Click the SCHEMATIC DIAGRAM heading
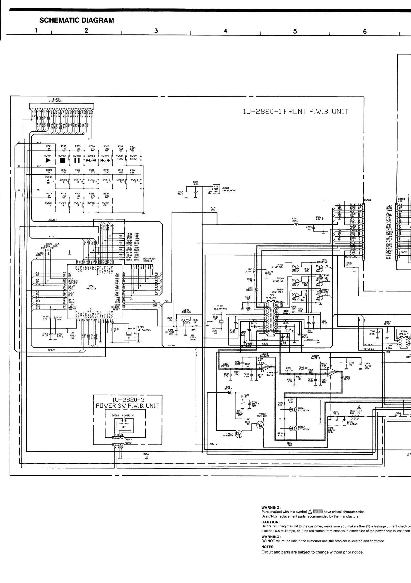[77, 20]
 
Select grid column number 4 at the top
[225, 31]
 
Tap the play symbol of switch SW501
[48, 160]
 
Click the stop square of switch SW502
[62, 160]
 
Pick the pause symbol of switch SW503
[77, 160]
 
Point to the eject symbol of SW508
[48, 181]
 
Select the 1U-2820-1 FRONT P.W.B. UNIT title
[295, 111]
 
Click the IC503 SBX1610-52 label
[228, 189]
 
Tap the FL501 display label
[55, 100]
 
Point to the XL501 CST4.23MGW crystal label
[144, 328]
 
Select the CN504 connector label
[367, 200]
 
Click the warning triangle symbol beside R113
[359, 408]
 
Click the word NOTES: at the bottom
[268, 547]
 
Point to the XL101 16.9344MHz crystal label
[220, 307]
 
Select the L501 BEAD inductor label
[295, 220]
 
